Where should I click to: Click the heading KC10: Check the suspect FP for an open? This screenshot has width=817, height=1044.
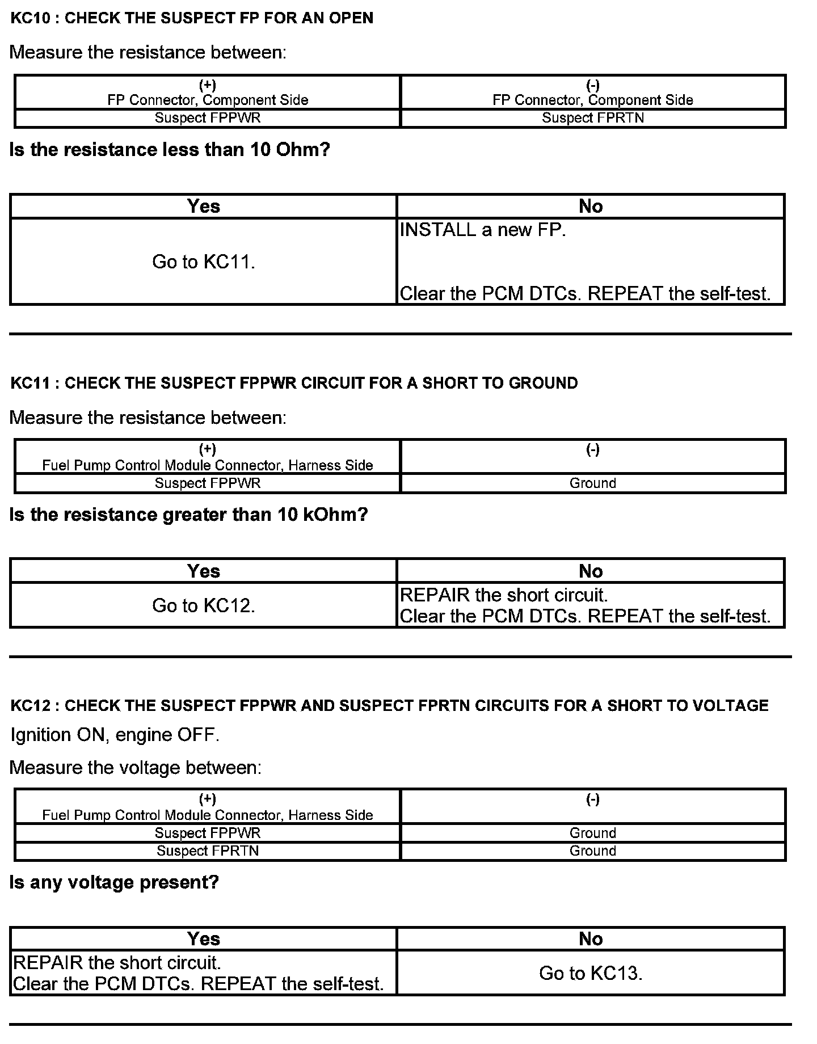192,18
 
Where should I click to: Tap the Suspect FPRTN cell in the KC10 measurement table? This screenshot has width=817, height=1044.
592,118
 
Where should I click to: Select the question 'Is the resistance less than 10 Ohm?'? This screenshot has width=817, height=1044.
170,150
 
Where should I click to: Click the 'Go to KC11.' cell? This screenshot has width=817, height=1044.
203,262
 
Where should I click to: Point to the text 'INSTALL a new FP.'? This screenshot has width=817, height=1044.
483,230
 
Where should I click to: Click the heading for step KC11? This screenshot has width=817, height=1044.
294,383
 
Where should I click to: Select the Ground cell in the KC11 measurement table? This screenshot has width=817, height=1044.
592,483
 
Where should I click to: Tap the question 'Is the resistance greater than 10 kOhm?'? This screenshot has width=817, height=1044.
189,515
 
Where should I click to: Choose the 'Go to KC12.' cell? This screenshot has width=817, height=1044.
203,605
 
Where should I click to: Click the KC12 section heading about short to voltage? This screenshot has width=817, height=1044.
389,705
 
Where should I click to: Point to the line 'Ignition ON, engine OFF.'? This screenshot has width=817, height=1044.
115,735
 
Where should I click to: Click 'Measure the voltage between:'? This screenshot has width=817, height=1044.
136,768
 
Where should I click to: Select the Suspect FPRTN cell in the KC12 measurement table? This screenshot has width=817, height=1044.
208,851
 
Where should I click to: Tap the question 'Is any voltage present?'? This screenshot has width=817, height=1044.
114,882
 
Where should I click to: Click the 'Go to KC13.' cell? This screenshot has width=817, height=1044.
590,973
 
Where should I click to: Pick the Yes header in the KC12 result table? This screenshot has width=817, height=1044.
203,939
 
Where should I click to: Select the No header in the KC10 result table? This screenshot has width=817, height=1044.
590,206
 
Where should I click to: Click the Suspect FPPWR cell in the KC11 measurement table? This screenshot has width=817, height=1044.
208,483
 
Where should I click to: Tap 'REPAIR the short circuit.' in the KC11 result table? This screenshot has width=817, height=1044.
504,595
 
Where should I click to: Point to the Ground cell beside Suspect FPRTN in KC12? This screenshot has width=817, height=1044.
592,851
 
